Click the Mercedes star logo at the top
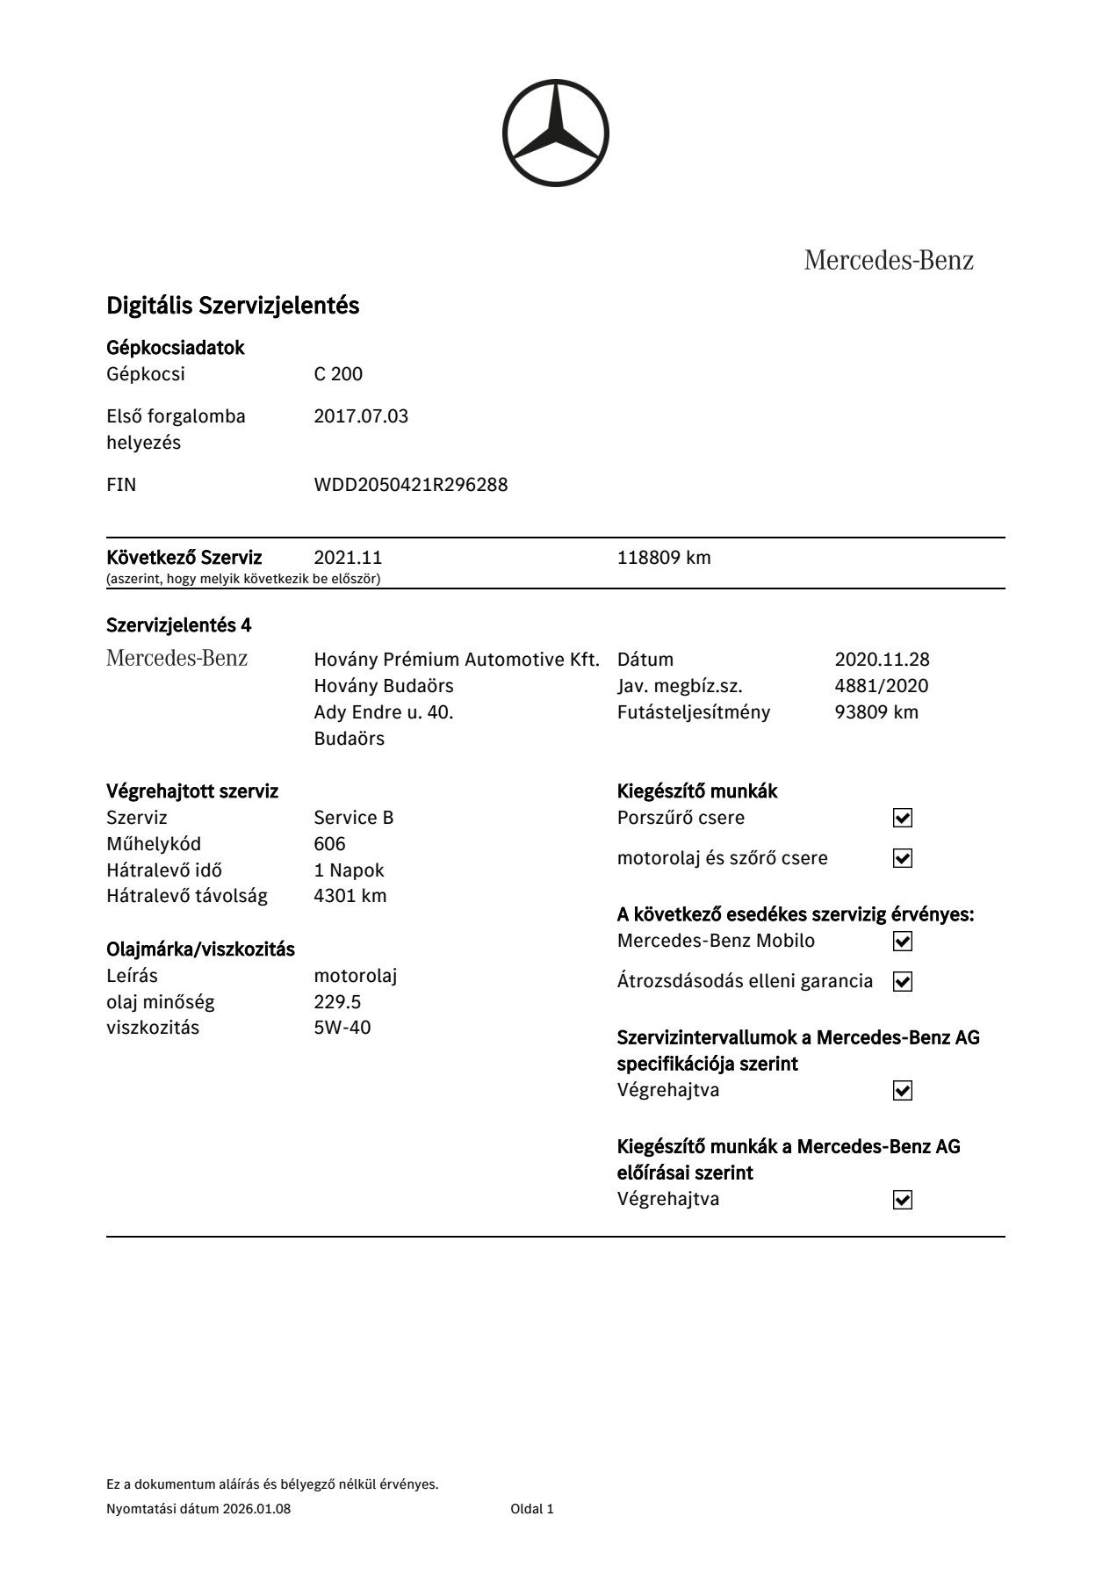(x=555, y=134)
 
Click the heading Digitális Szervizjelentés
(x=233, y=306)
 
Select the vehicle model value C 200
(x=338, y=374)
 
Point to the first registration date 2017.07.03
(x=361, y=416)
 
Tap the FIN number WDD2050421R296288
(x=410, y=485)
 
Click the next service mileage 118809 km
(x=664, y=558)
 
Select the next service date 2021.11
(x=348, y=558)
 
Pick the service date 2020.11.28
(x=882, y=660)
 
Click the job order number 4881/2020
(x=881, y=686)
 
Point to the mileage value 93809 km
(x=876, y=712)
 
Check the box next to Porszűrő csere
(x=902, y=818)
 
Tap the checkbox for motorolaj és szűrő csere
(x=902, y=858)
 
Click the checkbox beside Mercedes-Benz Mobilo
(x=902, y=942)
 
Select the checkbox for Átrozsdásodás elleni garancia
(x=902, y=981)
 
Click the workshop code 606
(x=329, y=844)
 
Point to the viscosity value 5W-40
(x=342, y=1028)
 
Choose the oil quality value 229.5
(x=337, y=1002)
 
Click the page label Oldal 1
(x=532, y=1509)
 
